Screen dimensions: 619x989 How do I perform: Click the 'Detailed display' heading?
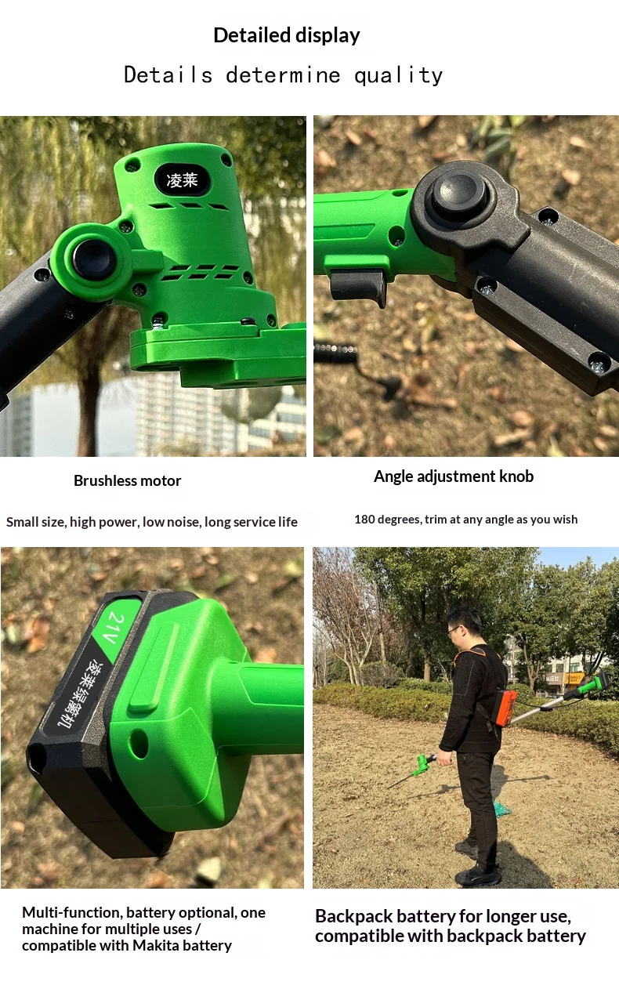(x=287, y=35)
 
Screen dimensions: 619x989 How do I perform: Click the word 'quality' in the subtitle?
(x=398, y=75)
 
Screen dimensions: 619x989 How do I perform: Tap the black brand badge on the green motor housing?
(x=182, y=179)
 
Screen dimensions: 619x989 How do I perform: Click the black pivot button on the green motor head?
(x=94, y=260)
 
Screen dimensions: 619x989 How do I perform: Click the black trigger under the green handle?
(x=359, y=288)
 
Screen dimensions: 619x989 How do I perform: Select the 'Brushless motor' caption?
(x=127, y=480)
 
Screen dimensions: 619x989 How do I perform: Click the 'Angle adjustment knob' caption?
(x=454, y=476)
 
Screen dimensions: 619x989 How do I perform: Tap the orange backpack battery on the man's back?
(x=506, y=708)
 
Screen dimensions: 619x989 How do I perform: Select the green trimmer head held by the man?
(x=422, y=765)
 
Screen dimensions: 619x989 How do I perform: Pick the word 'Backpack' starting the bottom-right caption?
(x=354, y=917)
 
